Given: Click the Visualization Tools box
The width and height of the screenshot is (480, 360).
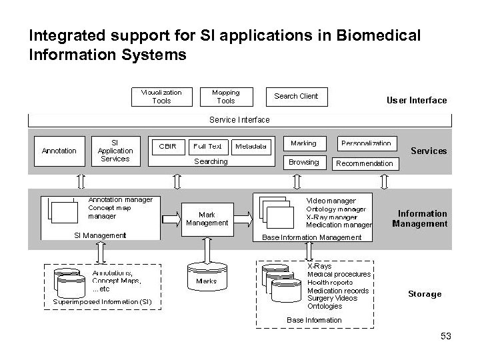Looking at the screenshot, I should [161, 97].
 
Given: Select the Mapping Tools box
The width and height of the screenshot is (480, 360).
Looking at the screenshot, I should [225, 97].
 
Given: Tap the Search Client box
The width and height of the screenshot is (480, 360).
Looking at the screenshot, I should [296, 96].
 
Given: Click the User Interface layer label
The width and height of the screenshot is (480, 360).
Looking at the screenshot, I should [417, 101].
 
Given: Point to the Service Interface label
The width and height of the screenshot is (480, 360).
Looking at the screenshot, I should [239, 120].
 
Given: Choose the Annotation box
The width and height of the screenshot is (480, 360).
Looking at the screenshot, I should [59, 151].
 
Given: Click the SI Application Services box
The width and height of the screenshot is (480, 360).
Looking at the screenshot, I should [115, 150].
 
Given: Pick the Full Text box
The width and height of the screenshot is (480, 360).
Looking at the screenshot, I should [207, 146].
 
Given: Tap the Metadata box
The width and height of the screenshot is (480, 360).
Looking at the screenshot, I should [251, 146].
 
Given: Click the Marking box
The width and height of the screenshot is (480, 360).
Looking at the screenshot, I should [303, 143].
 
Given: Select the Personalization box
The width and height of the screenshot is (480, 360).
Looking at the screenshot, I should [366, 143].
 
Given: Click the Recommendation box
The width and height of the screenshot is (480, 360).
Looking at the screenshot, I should [365, 163].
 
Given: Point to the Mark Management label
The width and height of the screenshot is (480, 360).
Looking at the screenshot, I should [207, 219].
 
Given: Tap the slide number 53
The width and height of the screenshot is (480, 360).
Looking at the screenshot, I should [446, 337].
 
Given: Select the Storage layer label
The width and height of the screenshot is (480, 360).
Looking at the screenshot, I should [424, 294].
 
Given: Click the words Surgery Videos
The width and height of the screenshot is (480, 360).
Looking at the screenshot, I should [332, 298].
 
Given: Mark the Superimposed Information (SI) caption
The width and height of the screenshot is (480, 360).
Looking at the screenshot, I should [103, 302].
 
